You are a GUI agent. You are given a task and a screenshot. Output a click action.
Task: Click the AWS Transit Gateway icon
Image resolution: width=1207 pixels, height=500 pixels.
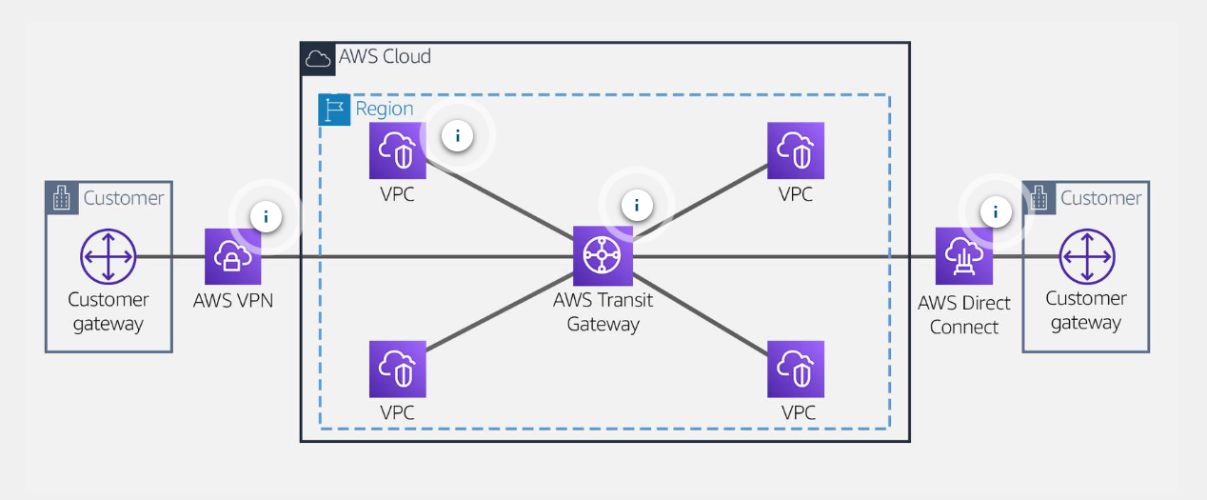click(x=603, y=255)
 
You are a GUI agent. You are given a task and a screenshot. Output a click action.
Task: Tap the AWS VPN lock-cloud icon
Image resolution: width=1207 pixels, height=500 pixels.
click(x=233, y=256)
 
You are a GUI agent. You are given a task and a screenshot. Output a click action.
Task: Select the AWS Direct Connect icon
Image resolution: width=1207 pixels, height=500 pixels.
click(x=963, y=256)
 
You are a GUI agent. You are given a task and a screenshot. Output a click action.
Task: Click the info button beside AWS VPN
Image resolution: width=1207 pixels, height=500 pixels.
click(x=266, y=217)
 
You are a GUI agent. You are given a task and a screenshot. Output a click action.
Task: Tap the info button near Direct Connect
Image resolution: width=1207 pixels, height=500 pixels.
click(x=996, y=211)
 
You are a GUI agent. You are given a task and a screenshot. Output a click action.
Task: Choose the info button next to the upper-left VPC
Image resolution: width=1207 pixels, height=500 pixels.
click(x=458, y=136)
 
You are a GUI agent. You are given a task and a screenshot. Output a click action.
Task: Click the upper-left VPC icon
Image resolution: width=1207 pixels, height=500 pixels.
click(x=398, y=150)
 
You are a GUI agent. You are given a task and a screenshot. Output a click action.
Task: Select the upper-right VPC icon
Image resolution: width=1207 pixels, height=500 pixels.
click(x=796, y=150)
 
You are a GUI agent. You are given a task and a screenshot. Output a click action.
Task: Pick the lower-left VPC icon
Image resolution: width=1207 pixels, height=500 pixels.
click(x=398, y=369)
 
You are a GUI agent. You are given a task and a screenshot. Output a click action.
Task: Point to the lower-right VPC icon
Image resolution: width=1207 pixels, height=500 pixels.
click(x=796, y=369)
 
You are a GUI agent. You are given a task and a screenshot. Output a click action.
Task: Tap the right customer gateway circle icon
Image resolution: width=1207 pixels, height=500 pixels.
click(x=1086, y=256)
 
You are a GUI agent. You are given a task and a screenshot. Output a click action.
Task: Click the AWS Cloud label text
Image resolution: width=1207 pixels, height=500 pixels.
click(x=385, y=56)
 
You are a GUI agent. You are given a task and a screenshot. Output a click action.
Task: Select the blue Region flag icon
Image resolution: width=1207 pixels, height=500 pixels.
click(x=334, y=110)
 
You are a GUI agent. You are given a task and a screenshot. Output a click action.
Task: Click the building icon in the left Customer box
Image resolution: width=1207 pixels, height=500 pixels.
click(x=62, y=198)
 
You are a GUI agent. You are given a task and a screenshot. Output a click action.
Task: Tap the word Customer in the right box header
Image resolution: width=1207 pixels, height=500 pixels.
click(x=1100, y=198)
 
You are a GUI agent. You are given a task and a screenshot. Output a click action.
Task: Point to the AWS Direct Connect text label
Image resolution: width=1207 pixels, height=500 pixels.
click(x=963, y=314)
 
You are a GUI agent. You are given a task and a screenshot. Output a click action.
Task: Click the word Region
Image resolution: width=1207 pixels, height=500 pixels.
click(x=385, y=109)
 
